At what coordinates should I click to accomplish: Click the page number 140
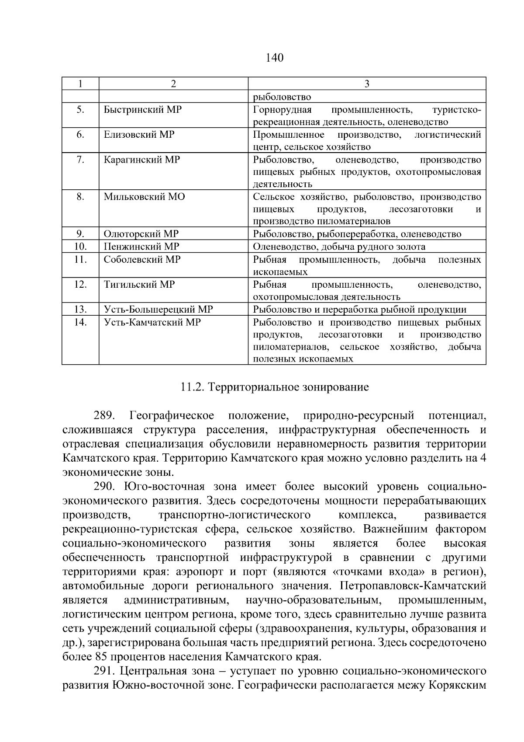click(x=274, y=57)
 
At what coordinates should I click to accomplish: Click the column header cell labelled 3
click(x=367, y=84)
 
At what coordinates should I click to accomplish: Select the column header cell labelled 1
click(x=80, y=84)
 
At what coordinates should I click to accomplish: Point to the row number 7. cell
click(x=80, y=160)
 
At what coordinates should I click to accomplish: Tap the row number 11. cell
click(x=80, y=259)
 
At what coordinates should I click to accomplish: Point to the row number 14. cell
click(x=80, y=323)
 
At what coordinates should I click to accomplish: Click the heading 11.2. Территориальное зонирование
click(x=274, y=387)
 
